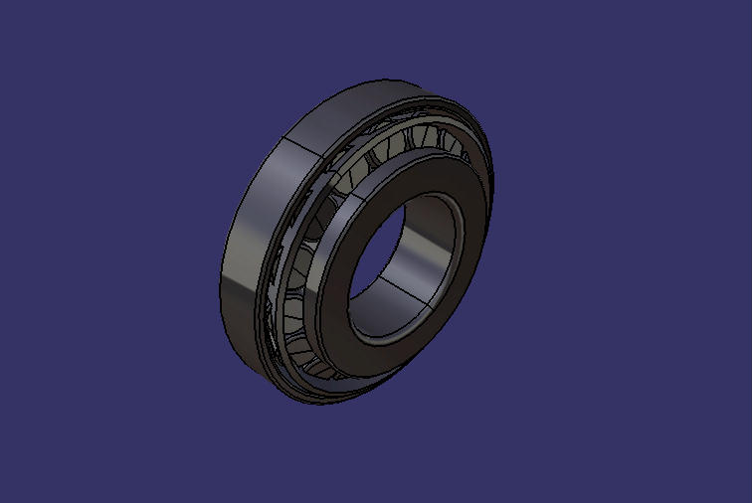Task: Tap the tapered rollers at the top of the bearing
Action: coord(418,139)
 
